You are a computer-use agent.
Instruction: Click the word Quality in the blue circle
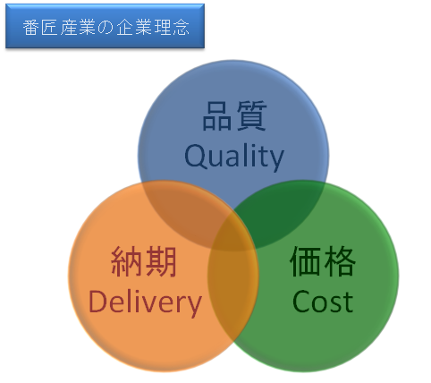[234, 157]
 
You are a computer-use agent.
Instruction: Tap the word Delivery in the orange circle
[145, 302]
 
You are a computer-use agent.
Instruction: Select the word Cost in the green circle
[323, 302]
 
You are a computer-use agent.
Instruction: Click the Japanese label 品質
[234, 115]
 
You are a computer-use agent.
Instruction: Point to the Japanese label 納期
[144, 261]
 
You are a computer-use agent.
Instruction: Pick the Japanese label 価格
[323, 261]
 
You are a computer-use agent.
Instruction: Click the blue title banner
[105, 26]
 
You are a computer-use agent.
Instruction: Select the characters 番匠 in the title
[40, 28]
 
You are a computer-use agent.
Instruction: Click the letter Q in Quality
[196, 157]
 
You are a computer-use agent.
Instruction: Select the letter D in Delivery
[98, 302]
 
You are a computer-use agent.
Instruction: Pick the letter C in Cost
[301, 302]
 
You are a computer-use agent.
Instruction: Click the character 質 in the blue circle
[251, 115]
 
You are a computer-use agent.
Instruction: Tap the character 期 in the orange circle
[161, 261]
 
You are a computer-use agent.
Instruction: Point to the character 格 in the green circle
[340, 261]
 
